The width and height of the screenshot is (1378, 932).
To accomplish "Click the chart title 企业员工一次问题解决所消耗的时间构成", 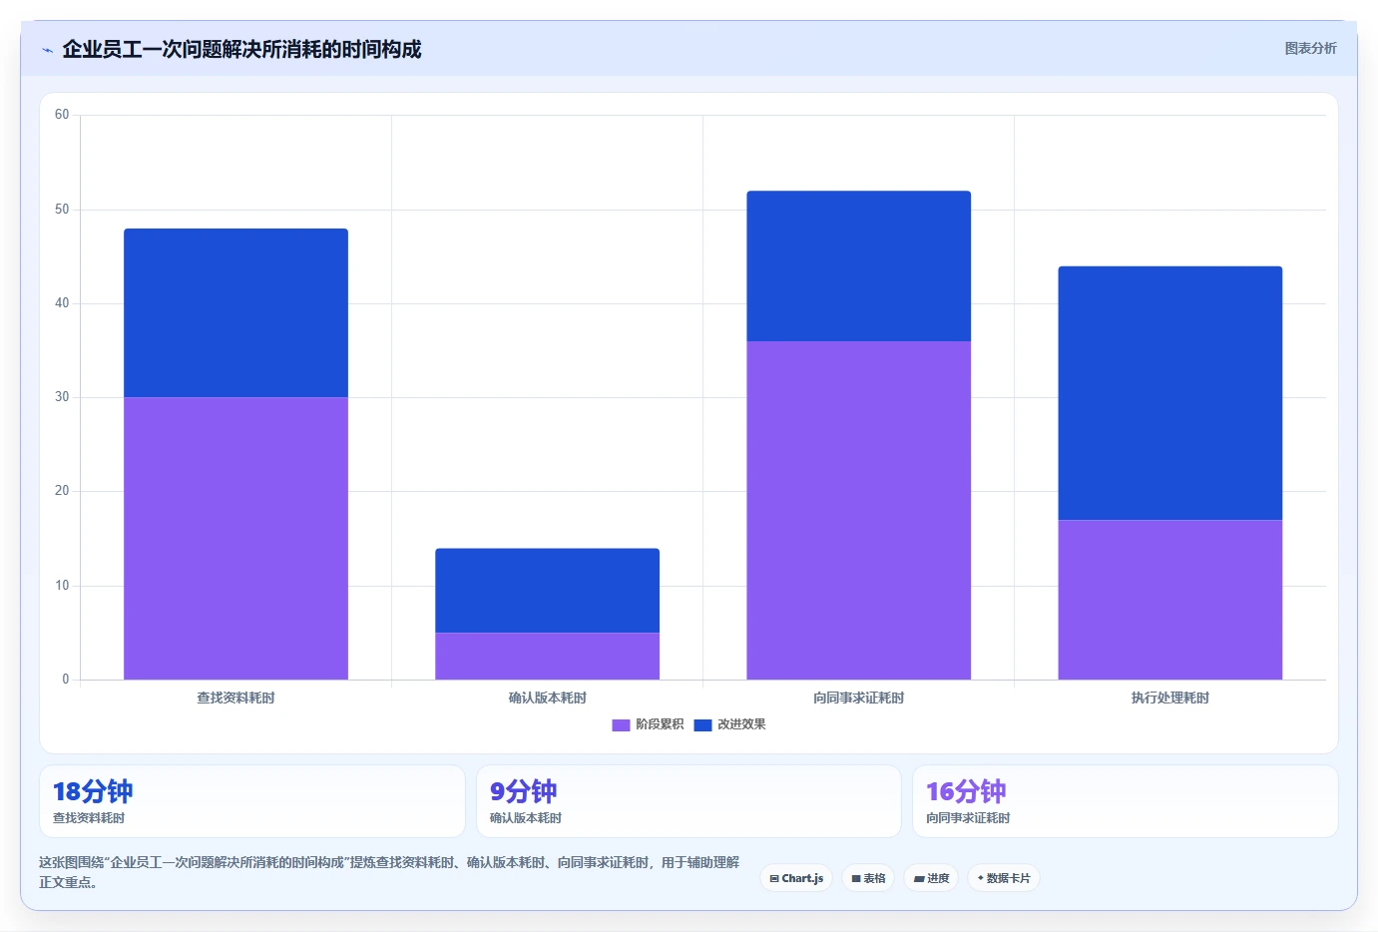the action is point(241,49).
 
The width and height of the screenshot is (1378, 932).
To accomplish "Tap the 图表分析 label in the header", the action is point(1310,49).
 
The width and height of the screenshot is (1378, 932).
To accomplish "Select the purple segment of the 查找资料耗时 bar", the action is point(235,538).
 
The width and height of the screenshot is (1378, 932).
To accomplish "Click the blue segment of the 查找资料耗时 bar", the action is point(235,313).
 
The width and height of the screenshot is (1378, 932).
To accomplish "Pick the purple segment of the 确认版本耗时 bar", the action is point(547,657).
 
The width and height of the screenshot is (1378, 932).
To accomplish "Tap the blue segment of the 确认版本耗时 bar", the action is point(547,591).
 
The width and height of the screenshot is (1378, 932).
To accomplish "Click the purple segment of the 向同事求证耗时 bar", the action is point(859,511).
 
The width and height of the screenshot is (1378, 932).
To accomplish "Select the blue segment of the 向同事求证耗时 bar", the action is point(859,266).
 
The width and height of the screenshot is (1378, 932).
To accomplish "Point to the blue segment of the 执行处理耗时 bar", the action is point(1170,393).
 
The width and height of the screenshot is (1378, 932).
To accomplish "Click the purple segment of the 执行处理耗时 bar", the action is point(1170,600).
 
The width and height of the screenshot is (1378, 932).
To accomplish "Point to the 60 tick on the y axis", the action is point(62,115).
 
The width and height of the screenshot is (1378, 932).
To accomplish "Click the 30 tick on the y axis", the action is point(62,397).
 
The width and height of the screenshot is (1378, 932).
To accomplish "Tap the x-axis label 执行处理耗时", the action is point(1170,698).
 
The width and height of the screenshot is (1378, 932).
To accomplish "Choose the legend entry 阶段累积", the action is point(648,724).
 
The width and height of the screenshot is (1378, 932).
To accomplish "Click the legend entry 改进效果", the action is point(729,724).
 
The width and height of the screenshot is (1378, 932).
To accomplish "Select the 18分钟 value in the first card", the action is point(93,791).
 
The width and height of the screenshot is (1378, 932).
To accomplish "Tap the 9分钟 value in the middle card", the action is point(524,791).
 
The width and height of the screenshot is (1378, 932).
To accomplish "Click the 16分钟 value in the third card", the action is point(967,791).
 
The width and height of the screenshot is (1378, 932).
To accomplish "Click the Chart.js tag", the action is point(796,878).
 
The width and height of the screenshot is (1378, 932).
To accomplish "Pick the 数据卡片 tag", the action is point(1004,878).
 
